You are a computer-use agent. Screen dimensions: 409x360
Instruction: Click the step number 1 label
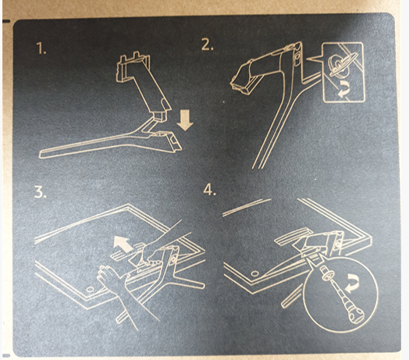point(41,49)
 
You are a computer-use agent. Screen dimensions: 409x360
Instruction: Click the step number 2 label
point(208,45)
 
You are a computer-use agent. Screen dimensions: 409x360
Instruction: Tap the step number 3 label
point(40,193)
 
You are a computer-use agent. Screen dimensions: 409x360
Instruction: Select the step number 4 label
point(209,190)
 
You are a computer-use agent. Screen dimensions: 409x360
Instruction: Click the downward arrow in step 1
point(185,120)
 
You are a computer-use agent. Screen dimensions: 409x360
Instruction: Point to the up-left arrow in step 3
point(123,244)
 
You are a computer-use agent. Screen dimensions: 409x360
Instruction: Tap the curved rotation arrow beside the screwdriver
point(352,284)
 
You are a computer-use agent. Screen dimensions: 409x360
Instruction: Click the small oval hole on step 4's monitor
point(254,273)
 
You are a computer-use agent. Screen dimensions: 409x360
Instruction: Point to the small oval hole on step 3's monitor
point(91,289)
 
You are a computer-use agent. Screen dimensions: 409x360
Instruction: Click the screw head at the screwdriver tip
point(328,275)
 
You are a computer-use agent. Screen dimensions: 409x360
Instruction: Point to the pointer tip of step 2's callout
point(307,59)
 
